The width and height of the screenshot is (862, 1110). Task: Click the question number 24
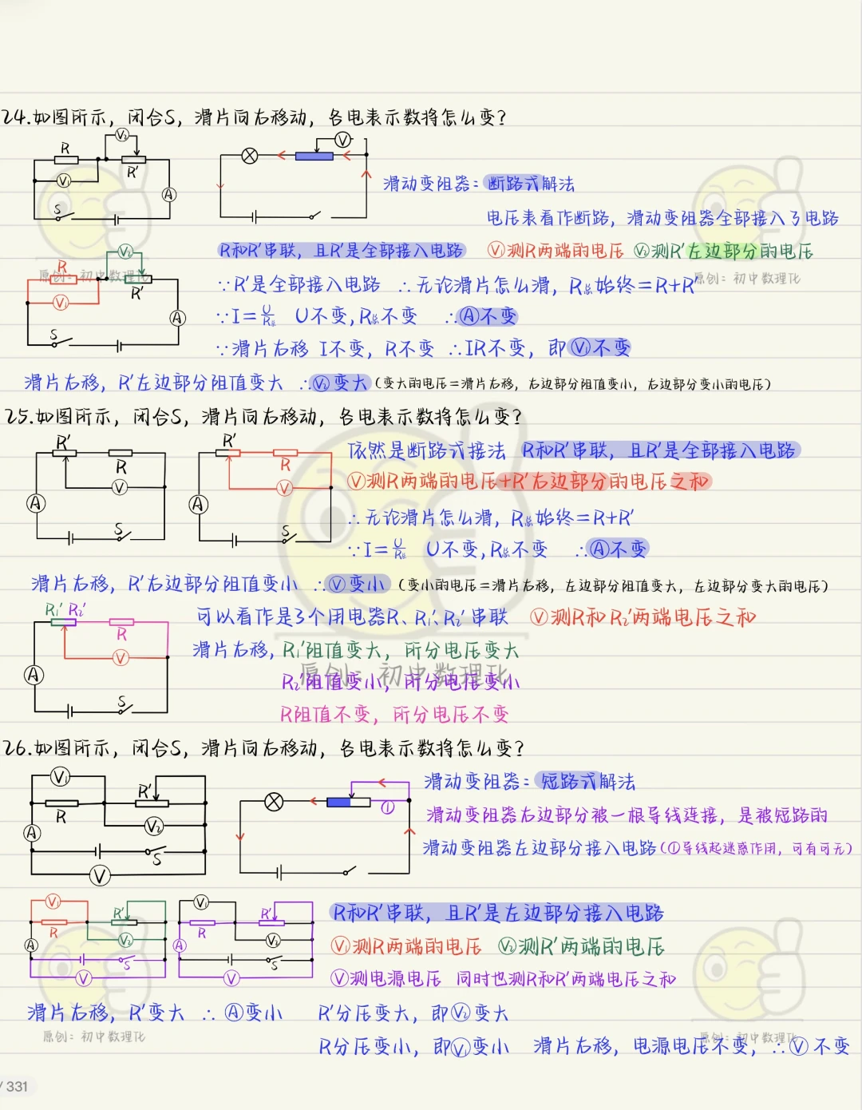pyautogui.click(x=15, y=117)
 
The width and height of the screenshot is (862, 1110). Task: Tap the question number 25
pyautogui.click(x=18, y=417)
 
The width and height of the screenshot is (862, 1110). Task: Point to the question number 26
pyautogui.click(x=17, y=748)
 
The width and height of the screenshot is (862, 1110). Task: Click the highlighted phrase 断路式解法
pyautogui.click(x=531, y=184)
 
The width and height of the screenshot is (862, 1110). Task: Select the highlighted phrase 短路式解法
pyautogui.click(x=587, y=781)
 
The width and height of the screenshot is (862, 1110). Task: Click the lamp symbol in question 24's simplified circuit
pyautogui.click(x=250, y=156)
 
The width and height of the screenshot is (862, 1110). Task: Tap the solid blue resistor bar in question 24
pyautogui.click(x=314, y=156)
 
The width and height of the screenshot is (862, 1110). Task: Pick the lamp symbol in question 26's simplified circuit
pyautogui.click(x=274, y=802)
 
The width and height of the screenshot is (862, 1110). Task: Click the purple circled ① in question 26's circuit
pyautogui.click(x=386, y=808)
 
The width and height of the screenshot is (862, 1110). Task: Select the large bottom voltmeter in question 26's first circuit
pyautogui.click(x=100, y=876)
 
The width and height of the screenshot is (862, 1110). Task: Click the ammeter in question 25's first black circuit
pyautogui.click(x=35, y=504)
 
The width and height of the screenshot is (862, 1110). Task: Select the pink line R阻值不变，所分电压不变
pyautogui.click(x=393, y=714)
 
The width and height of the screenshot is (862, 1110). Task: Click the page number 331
pyautogui.click(x=17, y=1086)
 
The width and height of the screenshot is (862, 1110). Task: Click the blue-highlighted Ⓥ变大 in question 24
pyautogui.click(x=341, y=383)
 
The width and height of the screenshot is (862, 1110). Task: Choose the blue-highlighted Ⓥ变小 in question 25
pyautogui.click(x=358, y=585)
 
